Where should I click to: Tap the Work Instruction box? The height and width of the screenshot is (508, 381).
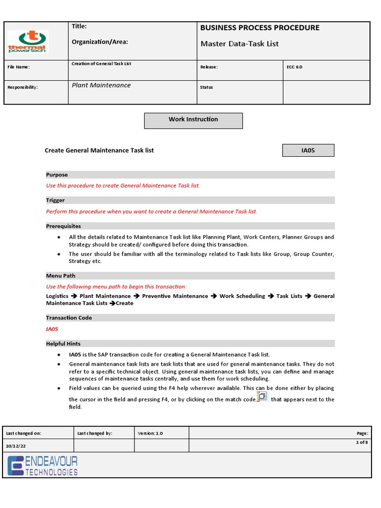(193, 120)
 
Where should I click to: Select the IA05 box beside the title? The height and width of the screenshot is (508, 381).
(308, 150)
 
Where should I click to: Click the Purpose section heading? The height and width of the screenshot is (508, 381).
(57, 175)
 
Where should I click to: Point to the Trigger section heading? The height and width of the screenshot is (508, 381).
(56, 200)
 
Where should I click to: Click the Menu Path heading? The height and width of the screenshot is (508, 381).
(61, 276)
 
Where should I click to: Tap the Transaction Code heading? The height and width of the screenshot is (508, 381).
(69, 318)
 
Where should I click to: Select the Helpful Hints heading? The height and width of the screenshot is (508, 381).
(63, 344)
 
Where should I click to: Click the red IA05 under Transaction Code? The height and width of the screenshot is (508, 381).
(52, 329)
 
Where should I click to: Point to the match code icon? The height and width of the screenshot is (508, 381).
(262, 397)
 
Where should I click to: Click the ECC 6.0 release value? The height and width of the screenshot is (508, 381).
(294, 67)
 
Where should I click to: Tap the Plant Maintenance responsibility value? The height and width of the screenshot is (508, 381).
(101, 85)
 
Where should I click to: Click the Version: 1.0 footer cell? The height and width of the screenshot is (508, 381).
(150, 433)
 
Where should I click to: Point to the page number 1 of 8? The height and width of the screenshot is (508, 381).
(362, 442)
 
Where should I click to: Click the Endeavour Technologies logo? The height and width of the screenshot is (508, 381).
(43, 466)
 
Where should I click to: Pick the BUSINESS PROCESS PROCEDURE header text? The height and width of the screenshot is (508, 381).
(259, 28)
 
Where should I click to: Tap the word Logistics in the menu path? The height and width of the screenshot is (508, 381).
(57, 296)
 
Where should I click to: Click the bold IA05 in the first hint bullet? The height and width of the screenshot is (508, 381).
(75, 355)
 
